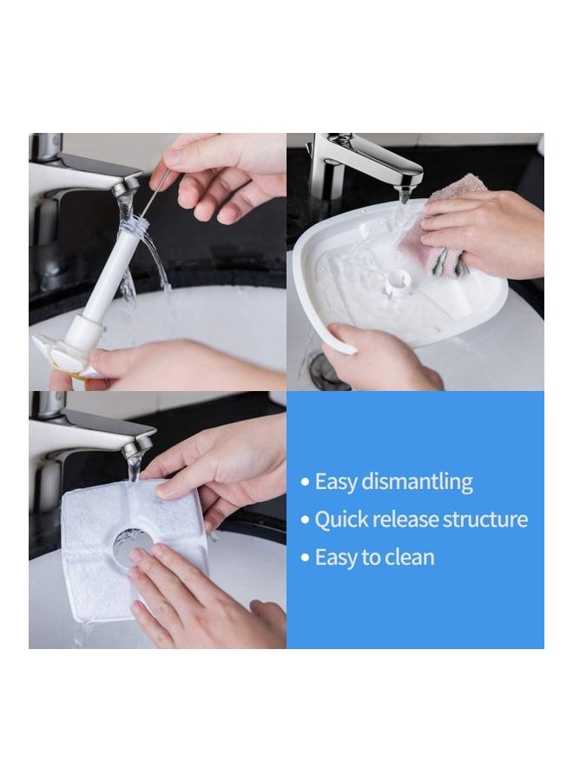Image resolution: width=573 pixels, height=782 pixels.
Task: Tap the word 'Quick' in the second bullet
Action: point(339,520)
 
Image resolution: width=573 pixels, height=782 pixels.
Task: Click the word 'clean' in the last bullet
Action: point(412,557)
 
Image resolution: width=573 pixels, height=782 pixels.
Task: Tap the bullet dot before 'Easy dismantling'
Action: point(305,483)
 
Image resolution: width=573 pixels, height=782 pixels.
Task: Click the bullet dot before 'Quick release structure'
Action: point(305,520)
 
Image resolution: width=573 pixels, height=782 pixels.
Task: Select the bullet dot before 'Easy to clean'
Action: point(305,558)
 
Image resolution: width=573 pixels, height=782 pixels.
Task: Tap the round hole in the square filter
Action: point(132,547)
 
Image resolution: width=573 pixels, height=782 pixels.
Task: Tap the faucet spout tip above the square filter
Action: point(135,447)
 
